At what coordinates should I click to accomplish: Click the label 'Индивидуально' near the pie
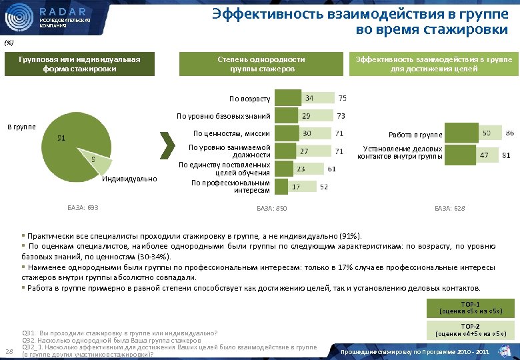tap(130, 179)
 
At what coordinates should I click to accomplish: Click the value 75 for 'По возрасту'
tap(342, 98)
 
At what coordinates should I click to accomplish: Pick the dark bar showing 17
tap(285, 187)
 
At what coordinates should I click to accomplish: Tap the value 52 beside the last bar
tap(323, 187)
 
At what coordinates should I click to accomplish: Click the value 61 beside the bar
tap(331, 169)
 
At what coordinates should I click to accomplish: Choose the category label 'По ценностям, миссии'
tap(231, 133)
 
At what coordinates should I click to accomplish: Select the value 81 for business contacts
tap(507, 155)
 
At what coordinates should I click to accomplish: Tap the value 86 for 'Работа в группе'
tap(509, 134)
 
